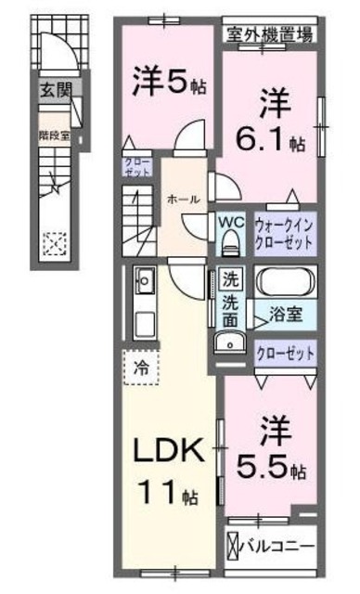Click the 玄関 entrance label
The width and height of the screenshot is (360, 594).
point(53,92)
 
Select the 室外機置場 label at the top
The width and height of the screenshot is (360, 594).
point(270,35)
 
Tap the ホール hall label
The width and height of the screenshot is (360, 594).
point(180,199)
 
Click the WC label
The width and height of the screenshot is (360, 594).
point(230,223)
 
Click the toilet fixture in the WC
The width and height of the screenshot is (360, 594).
point(231,243)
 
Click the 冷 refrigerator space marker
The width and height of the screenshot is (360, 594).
point(140,367)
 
